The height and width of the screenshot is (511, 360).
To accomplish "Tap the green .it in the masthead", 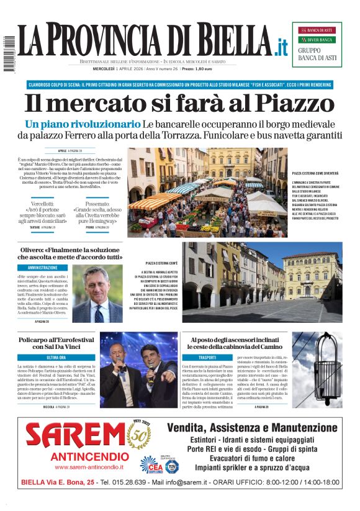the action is click(x=281, y=47).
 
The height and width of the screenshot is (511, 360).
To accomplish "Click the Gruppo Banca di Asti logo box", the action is click(x=317, y=44).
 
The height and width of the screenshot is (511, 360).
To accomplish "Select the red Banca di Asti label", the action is click(x=317, y=30).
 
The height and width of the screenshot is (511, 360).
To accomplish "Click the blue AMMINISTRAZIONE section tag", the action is click(x=43, y=268).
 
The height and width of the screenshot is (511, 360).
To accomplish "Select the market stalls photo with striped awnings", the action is click(x=208, y=192).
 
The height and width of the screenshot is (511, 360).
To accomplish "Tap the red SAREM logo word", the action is click(x=75, y=436).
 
